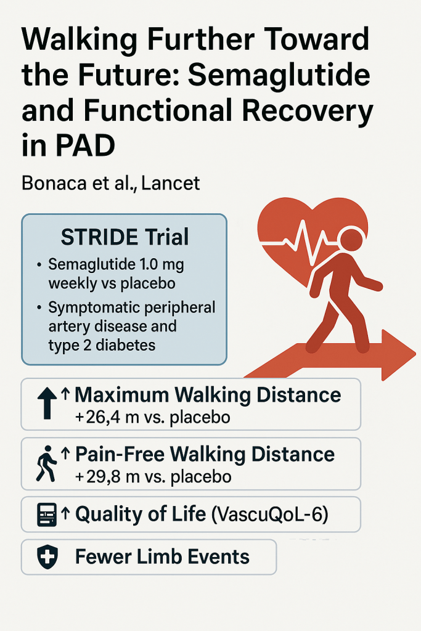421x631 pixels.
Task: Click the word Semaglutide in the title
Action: point(279,75)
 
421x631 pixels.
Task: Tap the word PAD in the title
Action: point(85,145)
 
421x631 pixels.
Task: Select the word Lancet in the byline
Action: point(171,184)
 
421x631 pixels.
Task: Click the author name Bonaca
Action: point(54,184)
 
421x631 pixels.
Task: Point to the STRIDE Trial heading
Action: point(125,237)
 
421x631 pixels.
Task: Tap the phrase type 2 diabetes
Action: point(102,345)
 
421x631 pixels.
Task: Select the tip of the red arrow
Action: point(415,354)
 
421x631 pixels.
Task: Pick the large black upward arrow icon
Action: point(47,403)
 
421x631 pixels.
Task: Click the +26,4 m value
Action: point(106,417)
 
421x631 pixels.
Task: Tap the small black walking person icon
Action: point(46,463)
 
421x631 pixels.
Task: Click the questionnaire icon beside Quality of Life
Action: point(47,515)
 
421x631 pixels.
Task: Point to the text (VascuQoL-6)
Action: point(269,515)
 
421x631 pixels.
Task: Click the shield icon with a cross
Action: point(47,557)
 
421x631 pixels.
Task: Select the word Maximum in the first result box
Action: point(121,395)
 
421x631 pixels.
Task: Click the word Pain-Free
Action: point(120,454)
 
